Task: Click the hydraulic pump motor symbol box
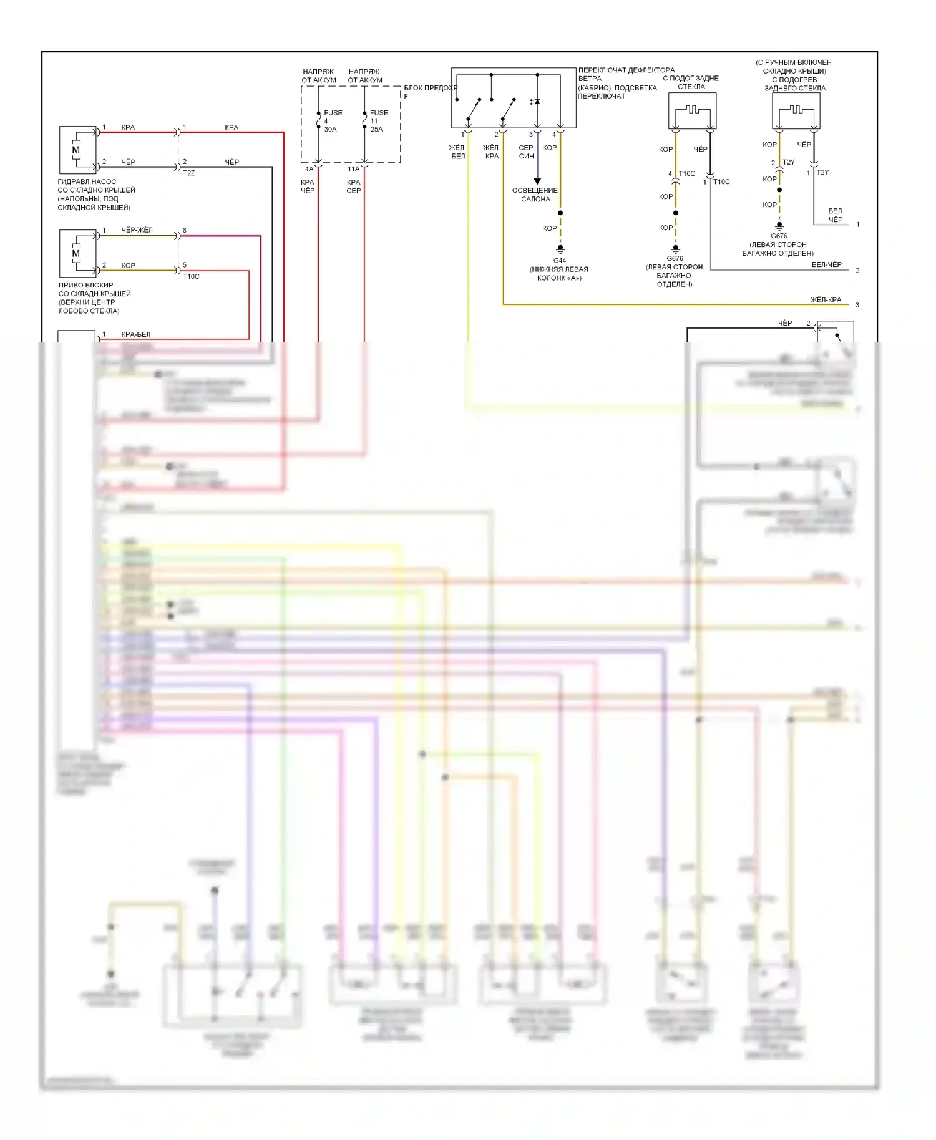pos(78,150)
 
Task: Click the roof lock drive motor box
pos(78,253)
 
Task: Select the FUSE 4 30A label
pos(332,121)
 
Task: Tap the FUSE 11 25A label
pos(378,121)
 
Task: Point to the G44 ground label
pos(560,261)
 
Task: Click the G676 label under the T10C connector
pos(675,258)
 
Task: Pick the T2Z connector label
pos(188,173)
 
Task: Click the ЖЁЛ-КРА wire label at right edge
pos(826,300)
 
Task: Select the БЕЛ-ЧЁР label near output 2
pos(826,264)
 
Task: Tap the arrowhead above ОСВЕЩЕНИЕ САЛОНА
pos(537,181)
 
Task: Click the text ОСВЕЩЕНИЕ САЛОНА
pos(535,195)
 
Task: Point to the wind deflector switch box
pos(513,98)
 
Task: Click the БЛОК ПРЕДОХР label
pos(430,88)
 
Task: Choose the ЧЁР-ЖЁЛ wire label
pos(137,230)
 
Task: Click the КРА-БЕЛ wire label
pos(135,334)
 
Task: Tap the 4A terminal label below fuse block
pos(309,169)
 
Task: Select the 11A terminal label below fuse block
pos(353,169)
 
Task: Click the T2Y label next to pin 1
pos(822,173)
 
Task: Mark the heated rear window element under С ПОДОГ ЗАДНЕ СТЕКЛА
pos(693,111)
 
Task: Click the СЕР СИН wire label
pos(526,152)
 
